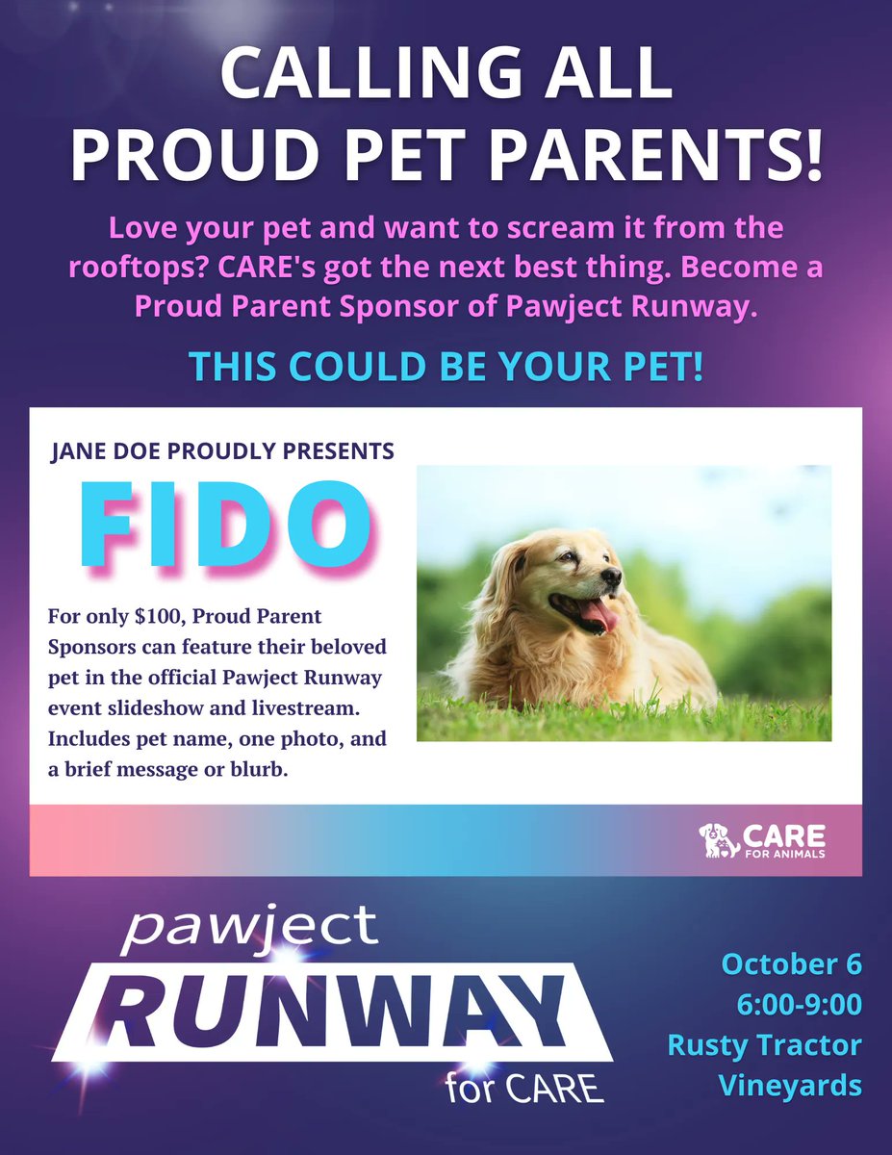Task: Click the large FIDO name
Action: point(227,521)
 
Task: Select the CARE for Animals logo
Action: point(762,839)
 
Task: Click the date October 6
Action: point(792,963)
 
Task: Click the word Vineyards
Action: point(790,1085)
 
